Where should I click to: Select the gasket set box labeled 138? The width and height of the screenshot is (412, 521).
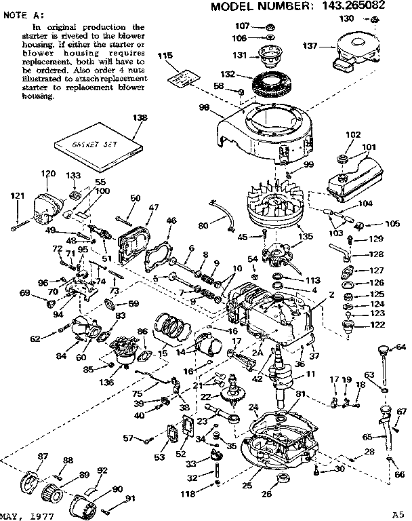coord(98,144)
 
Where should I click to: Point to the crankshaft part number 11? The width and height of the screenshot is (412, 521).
coord(310,374)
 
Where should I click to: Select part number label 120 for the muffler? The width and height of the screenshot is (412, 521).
coord(47,174)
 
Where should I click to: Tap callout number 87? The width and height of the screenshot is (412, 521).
coord(43,456)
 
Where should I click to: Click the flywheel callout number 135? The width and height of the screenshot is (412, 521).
coord(287,237)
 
